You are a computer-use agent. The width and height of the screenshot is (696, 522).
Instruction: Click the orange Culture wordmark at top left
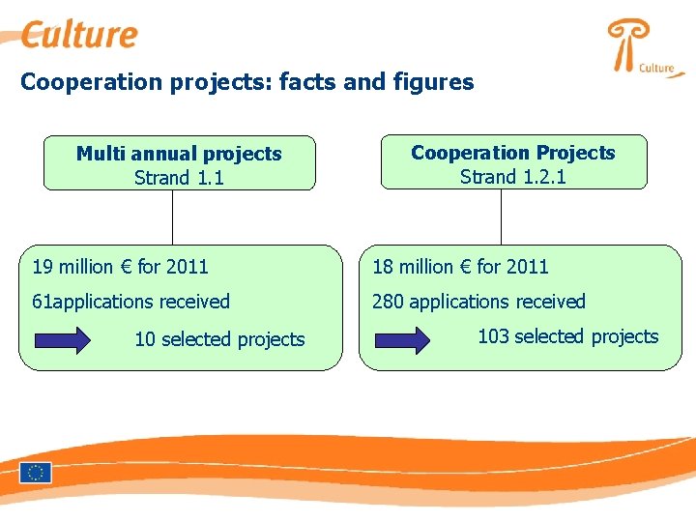coord(80,36)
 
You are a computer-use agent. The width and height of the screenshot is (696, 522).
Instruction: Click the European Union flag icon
coord(36,473)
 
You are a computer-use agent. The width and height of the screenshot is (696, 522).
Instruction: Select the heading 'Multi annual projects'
coord(179,154)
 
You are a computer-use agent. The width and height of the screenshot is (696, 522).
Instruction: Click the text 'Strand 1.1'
coord(179,177)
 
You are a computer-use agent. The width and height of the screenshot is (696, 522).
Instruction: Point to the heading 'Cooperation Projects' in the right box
coord(512,153)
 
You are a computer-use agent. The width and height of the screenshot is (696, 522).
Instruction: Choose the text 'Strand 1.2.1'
coord(512,176)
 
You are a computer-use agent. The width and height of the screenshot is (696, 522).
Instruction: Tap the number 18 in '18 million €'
coord(384,267)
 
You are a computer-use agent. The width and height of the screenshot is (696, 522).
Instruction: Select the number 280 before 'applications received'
coord(388,302)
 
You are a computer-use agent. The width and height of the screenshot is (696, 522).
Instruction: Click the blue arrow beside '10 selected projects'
coord(62,339)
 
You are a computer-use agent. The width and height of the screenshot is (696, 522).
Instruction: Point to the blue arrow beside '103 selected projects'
coord(402,339)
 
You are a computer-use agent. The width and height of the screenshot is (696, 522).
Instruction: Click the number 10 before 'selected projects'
coord(145,339)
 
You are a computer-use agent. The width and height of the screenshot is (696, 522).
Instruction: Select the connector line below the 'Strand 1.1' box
coord(172,217)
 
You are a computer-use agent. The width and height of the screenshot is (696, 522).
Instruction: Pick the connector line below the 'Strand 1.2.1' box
coord(502,217)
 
